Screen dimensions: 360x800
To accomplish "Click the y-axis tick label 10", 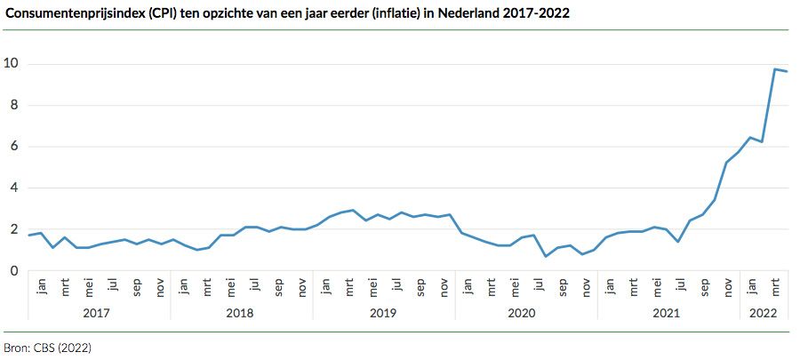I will (12, 64).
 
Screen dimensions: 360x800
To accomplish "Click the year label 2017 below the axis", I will (99, 313).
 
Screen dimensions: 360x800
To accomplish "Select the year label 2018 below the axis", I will (241, 313).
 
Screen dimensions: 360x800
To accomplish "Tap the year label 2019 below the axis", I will (383, 313).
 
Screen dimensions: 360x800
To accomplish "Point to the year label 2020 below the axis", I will (525, 313).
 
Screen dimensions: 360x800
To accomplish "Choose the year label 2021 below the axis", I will (668, 313).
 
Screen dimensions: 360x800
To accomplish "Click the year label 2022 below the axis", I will (763, 313).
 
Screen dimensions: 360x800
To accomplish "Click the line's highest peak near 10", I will (775, 69).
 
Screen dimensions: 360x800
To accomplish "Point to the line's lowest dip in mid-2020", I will (545, 256).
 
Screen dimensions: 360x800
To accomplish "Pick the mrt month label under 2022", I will (776, 289).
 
